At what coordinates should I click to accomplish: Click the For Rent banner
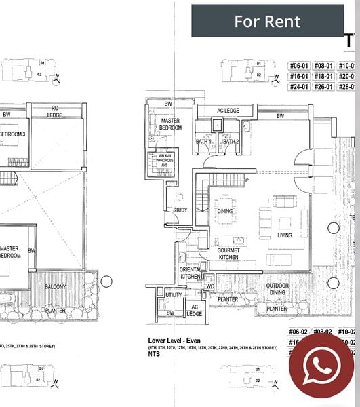click(x=266, y=21)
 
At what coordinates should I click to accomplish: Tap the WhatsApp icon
click(x=321, y=365)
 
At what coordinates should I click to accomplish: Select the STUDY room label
click(x=180, y=210)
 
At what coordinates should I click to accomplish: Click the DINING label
click(x=225, y=212)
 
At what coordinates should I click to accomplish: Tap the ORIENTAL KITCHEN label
click(x=191, y=273)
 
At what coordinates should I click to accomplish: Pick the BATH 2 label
click(x=231, y=142)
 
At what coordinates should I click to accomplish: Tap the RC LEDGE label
click(x=56, y=111)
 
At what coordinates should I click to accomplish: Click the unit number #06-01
click(x=299, y=66)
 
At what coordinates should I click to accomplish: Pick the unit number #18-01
click(x=325, y=76)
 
